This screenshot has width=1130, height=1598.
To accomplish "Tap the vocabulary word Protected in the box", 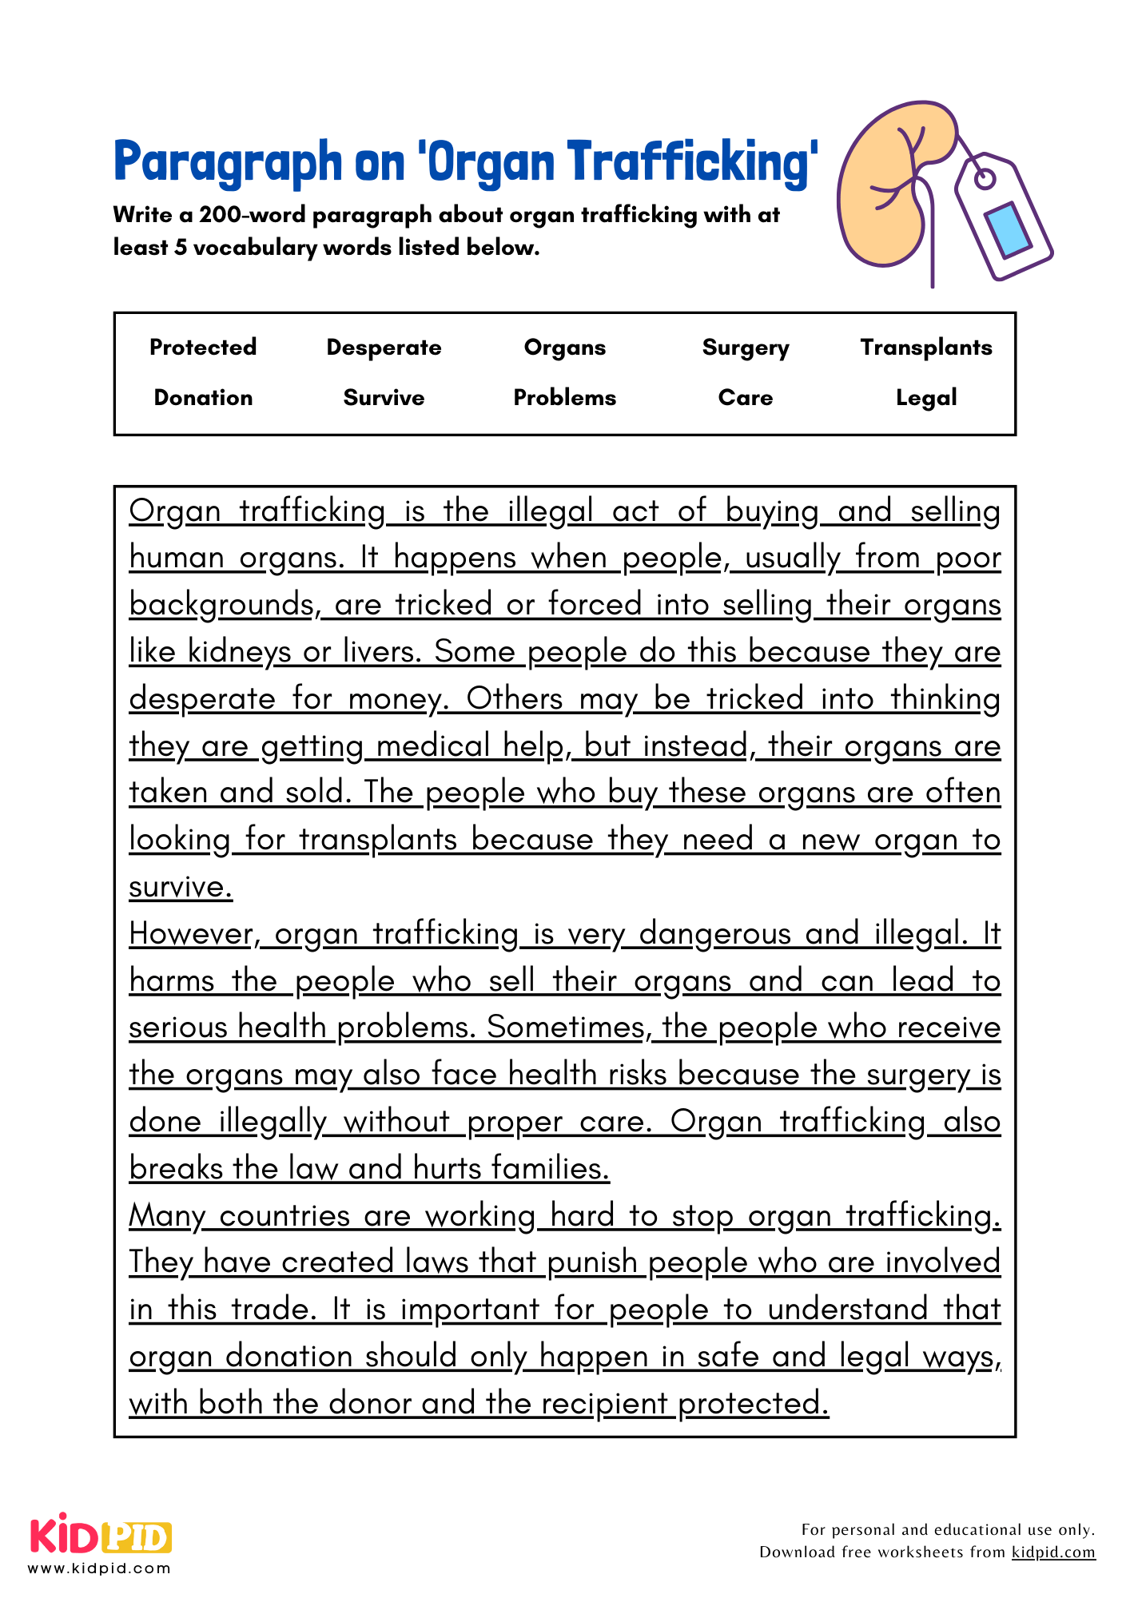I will pyautogui.click(x=203, y=348).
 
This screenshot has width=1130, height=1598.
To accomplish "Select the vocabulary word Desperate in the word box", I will pyautogui.click(x=384, y=348).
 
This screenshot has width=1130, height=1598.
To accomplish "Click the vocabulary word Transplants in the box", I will pyautogui.click(x=925, y=348).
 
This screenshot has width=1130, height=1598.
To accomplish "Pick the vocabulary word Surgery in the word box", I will pyautogui.click(x=745, y=348).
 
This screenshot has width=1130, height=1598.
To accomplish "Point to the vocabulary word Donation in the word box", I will pyautogui.click(x=203, y=398).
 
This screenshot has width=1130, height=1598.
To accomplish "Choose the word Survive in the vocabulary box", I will pyautogui.click(x=384, y=398).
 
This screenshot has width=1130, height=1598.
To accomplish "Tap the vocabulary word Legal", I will pyautogui.click(x=925, y=398).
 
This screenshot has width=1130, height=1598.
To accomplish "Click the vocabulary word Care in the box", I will pyautogui.click(x=745, y=398).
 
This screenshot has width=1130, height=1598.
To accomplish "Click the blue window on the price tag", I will pyautogui.click(x=1009, y=232).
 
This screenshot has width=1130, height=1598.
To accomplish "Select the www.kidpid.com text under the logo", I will pyautogui.click(x=99, y=1568).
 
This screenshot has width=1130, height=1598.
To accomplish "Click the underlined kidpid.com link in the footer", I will pyautogui.click(x=1052, y=1552).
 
